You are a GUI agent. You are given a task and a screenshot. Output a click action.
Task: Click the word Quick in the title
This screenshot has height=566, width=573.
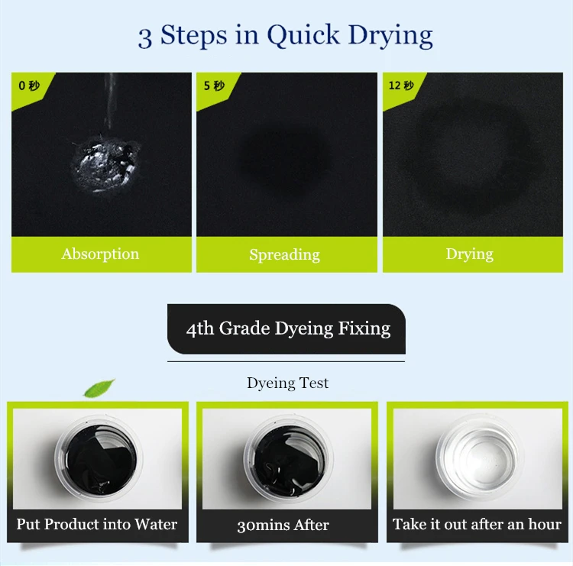point(303,36)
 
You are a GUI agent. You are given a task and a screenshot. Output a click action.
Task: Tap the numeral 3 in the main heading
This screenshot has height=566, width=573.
point(144,37)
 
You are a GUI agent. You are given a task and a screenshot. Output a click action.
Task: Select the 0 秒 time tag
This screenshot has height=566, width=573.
point(29,86)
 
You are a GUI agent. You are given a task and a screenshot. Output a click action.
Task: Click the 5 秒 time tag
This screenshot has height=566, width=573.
point(214,86)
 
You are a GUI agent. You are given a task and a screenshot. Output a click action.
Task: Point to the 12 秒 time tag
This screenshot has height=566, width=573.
point(401,86)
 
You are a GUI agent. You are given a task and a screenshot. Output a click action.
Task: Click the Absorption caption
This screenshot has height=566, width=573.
point(101,254)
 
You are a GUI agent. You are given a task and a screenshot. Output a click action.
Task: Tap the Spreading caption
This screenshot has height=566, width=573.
point(285,254)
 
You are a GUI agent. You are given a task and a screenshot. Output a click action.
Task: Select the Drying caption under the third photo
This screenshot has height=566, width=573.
point(470,254)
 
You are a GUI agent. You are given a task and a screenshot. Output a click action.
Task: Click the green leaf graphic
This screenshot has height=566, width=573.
point(99,388)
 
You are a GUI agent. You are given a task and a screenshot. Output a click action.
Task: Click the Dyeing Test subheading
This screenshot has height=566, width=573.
point(287,383)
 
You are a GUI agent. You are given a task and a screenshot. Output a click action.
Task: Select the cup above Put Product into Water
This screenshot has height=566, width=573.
point(99,458)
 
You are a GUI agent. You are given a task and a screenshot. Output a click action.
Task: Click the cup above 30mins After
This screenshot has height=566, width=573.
point(289,458)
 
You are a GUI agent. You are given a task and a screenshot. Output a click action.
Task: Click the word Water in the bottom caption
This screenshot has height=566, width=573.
point(156,524)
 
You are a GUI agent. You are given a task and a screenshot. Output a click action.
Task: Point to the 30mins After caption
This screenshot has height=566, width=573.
point(283,525)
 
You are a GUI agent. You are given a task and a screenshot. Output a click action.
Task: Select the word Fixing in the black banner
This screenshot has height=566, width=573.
point(364,328)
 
